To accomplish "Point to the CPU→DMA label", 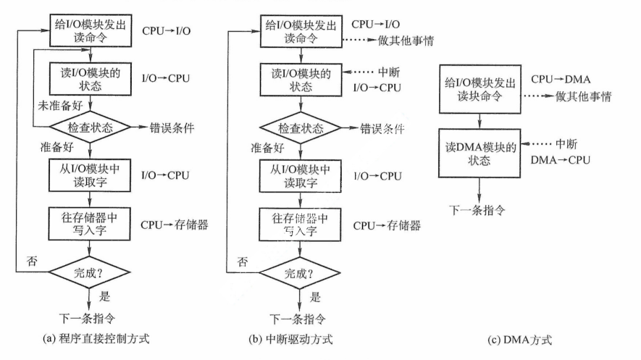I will [x=557, y=78].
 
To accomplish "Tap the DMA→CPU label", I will [x=559, y=158].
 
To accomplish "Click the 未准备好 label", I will [x=61, y=106].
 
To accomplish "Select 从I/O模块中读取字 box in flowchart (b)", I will [x=300, y=176].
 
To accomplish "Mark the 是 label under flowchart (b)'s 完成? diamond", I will [x=315, y=297].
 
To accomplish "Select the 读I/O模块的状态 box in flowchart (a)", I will [x=90, y=78].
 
